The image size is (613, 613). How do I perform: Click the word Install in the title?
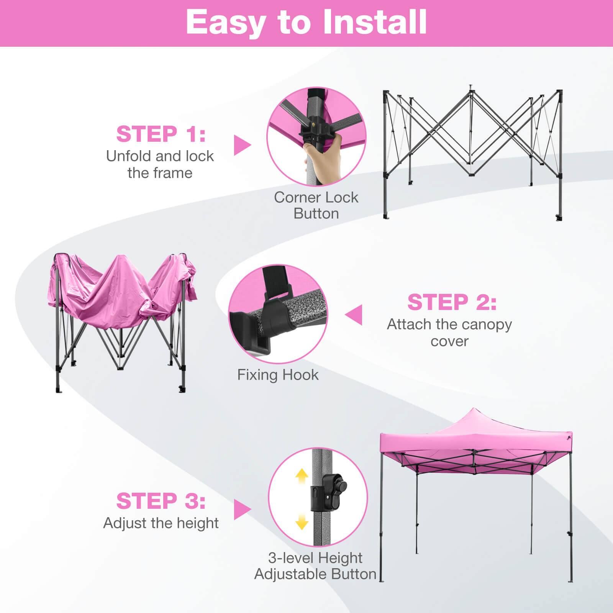click(x=375, y=22)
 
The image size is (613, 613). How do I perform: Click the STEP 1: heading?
click(x=161, y=134)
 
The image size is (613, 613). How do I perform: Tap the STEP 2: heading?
click(x=452, y=302)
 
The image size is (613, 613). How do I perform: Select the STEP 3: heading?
click(x=161, y=501)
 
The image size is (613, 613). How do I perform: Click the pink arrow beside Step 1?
click(x=242, y=145)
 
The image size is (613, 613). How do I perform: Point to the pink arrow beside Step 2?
click(x=354, y=315)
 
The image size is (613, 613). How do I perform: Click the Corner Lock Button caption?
click(x=316, y=205)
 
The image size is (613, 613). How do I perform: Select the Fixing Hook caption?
click(x=278, y=375)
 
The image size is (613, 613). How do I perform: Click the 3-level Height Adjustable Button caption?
click(x=315, y=566)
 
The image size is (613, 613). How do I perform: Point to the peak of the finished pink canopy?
click(x=474, y=410)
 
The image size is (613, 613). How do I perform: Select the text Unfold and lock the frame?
click(x=160, y=164)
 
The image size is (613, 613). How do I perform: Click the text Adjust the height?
click(x=161, y=523)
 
